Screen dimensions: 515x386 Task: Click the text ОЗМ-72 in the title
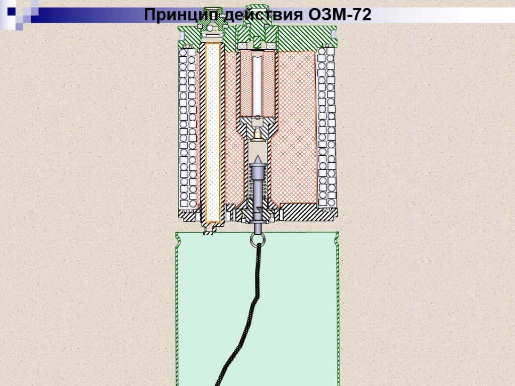pos(340,15)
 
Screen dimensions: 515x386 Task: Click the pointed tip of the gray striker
pos(257,159)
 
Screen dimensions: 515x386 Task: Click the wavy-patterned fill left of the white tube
pos(246,83)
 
